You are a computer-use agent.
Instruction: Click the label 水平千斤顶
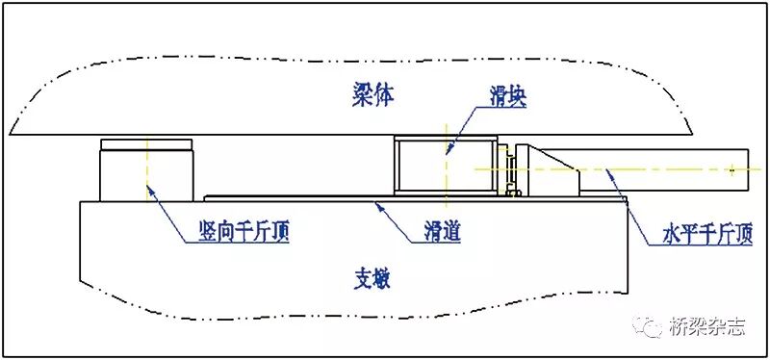coord(706,232)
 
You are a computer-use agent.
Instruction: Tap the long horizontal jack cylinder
coord(664,167)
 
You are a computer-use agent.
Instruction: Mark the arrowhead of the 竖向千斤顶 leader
coord(148,190)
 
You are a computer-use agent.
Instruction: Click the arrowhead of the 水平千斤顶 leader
coord(607,171)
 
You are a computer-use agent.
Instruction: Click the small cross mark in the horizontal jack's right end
coord(732,169)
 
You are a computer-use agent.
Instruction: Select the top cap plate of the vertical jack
coord(146,144)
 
